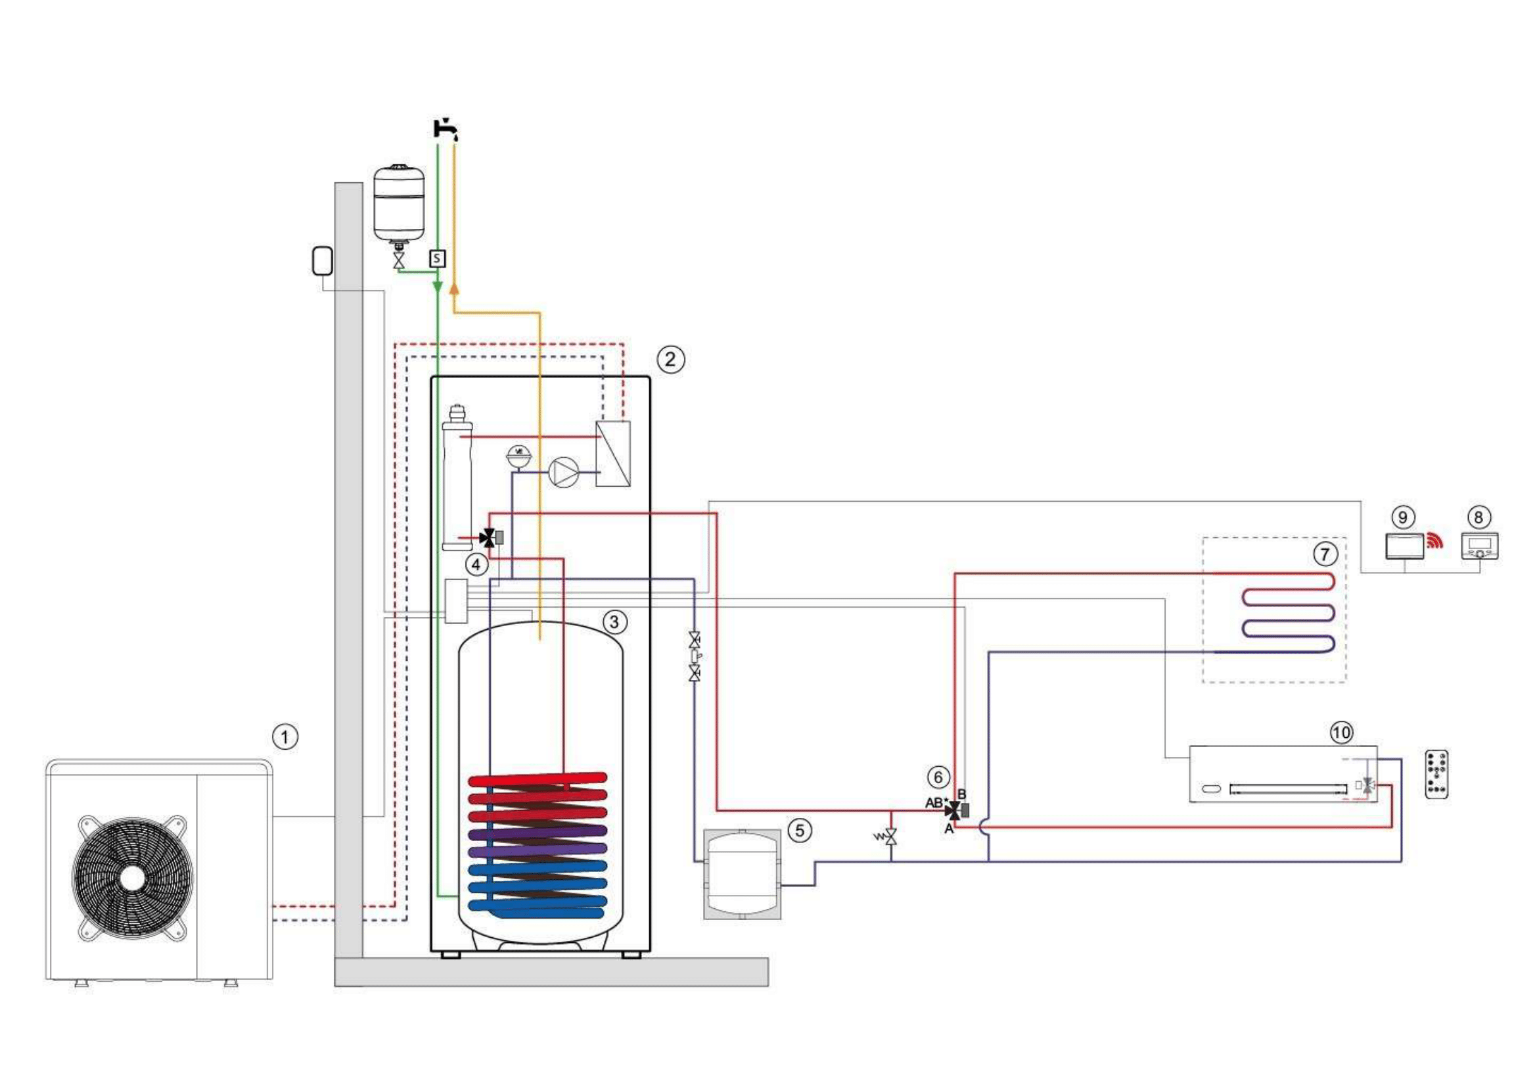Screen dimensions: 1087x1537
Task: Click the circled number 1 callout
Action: click(x=285, y=737)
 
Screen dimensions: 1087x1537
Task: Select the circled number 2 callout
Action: click(x=670, y=360)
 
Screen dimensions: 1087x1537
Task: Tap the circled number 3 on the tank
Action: click(x=614, y=622)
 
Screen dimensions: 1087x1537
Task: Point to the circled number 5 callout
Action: click(x=799, y=831)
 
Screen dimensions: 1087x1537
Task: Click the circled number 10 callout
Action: click(x=1341, y=733)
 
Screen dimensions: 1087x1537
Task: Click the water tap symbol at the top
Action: click(x=445, y=129)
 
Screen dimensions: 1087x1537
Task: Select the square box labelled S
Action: click(x=437, y=258)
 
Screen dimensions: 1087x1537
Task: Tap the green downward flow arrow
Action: click(x=437, y=287)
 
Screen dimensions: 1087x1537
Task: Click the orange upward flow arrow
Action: click(x=455, y=289)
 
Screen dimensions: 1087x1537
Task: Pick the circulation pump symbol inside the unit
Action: click(x=563, y=471)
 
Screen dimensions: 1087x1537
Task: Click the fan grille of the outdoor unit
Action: click(x=133, y=877)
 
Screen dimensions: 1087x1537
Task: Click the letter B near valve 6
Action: click(x=962, y=794)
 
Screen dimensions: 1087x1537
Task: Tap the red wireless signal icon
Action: click(x=1434, y=541)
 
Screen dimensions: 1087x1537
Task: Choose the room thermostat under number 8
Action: click(x=1479, y=546)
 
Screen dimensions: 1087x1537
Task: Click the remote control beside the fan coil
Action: click(x=1436, y=774)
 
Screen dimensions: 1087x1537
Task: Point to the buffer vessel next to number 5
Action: click(x=742, y=874)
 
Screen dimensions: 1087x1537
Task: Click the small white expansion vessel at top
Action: click(x=399, y=201)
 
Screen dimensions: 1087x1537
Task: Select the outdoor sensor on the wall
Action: click(x=323, y=261)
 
